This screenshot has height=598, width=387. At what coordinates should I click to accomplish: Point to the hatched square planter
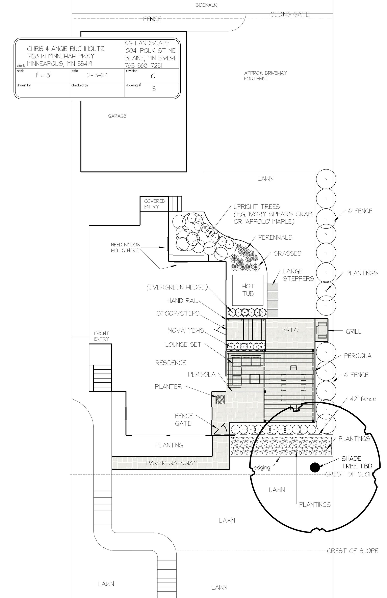click(220, 400)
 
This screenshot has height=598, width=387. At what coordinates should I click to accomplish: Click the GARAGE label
click(117, 116)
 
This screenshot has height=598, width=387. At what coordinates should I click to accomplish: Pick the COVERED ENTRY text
click(154, 204)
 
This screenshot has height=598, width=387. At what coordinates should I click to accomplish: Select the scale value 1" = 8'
click(43, 75)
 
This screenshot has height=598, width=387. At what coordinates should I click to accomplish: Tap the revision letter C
click(153, 77)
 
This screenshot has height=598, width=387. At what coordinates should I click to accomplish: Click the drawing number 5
click(154, 89)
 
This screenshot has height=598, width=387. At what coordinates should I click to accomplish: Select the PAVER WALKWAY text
click(172, 463)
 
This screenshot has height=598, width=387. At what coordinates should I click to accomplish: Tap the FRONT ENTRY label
click(101, 336)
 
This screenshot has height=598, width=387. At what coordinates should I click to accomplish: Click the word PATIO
click(290, 330)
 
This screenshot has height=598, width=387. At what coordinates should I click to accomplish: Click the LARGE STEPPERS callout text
click(298, 275)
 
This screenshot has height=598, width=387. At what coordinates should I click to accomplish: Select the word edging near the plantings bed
click(262, 468)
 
